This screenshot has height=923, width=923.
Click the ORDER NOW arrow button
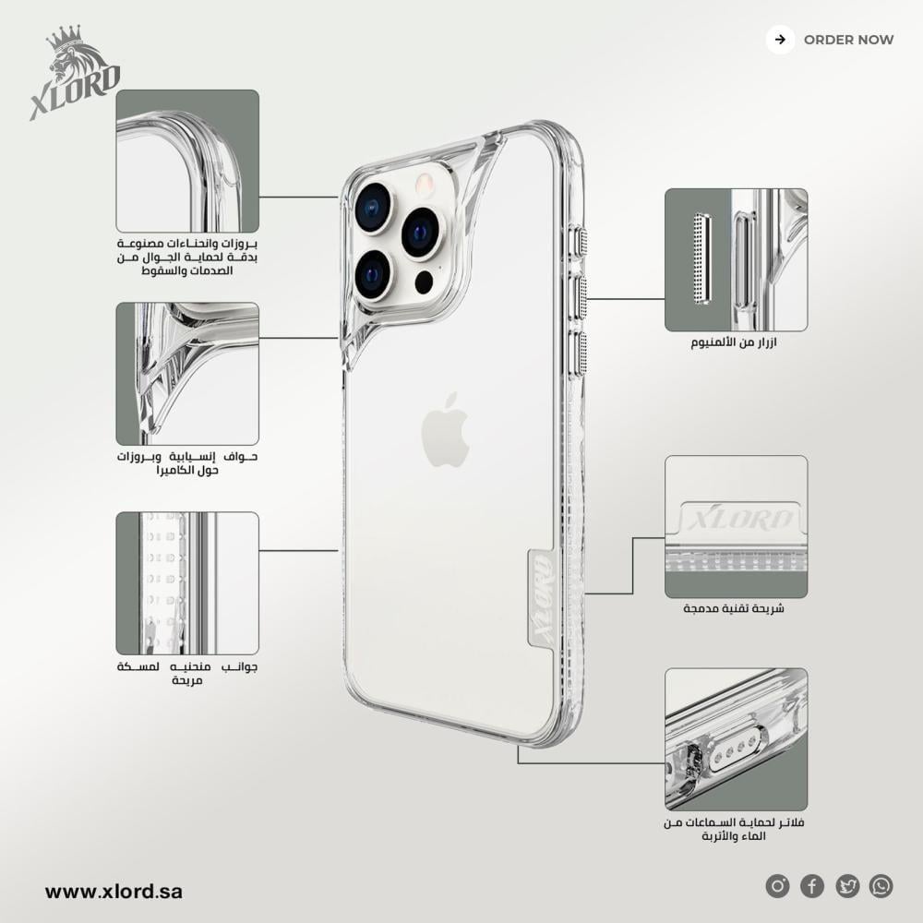click(780, 40)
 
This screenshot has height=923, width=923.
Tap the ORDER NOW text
click(848, 40)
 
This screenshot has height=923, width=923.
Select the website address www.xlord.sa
click(114, 892)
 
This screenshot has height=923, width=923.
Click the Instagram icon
click(777, 886)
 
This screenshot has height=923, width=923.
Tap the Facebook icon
click(811, 886)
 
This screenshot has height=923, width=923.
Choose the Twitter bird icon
click(847, 886)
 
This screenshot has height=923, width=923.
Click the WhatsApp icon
click(881, 886)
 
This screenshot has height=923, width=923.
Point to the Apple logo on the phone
click(446, 430)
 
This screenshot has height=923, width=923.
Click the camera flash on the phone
click(425, 184)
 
